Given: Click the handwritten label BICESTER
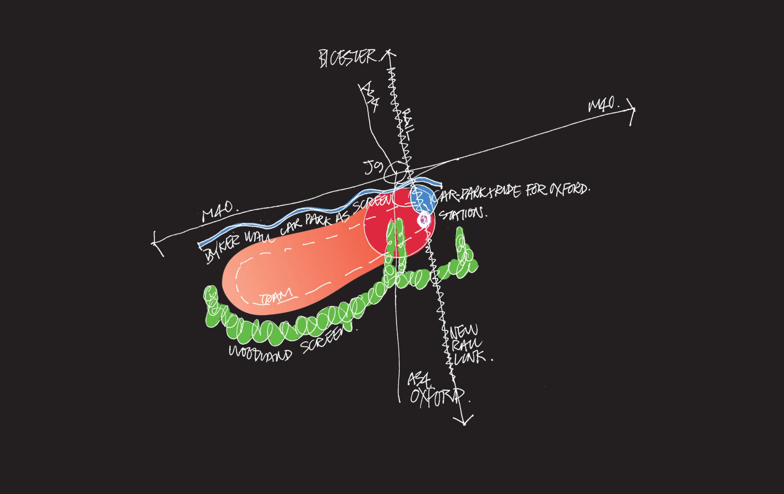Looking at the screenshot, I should tap(347, 58).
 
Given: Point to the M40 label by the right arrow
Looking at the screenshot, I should tap(602, 105).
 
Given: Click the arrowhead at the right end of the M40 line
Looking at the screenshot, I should tap(633, 110).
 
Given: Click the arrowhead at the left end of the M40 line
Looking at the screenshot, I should tap(155, 243).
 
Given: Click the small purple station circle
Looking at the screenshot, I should tap(424, 220).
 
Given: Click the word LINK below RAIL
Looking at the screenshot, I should tap(470, 358).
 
